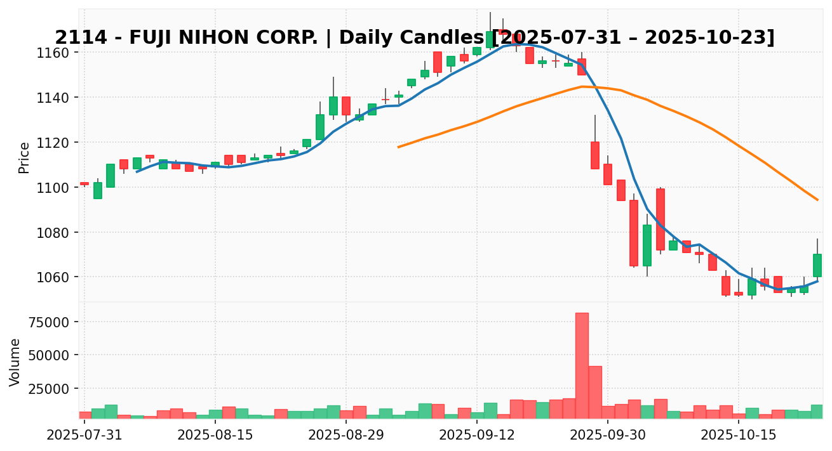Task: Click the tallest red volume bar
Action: click(x=582, y=365)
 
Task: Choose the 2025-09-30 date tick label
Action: click(x=607, y=435)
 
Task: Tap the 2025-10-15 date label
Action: click(x=739, y=435)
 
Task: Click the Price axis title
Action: click(x=24, y=157)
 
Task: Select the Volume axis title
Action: click(x=15, y=362)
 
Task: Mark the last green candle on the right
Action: click(x=817, y=265)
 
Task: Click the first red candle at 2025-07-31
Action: click(x=84, y=183)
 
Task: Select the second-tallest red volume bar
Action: click(x=595, y=391)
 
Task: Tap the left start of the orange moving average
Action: click(x=398, y=147)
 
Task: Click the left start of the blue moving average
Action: click(x=137, y=171)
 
